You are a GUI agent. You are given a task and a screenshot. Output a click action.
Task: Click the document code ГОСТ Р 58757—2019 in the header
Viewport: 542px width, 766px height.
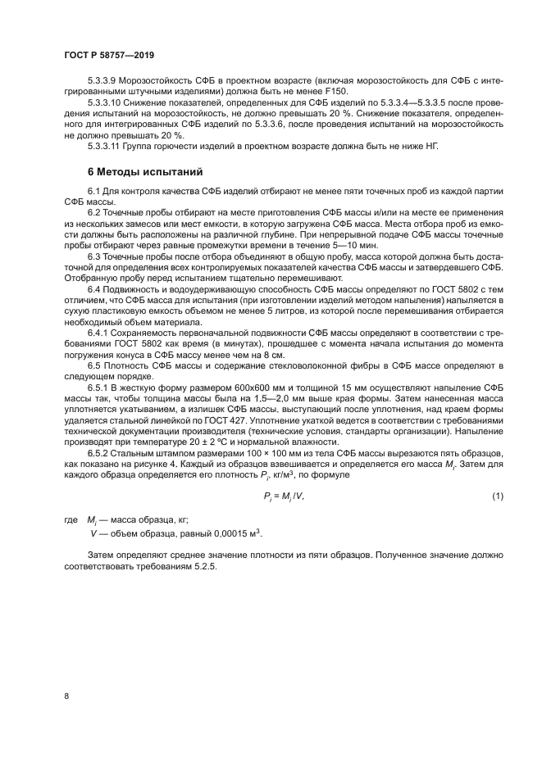(109, 54)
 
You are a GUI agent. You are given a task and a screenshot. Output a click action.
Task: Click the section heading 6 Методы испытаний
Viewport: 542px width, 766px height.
(139, 172)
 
